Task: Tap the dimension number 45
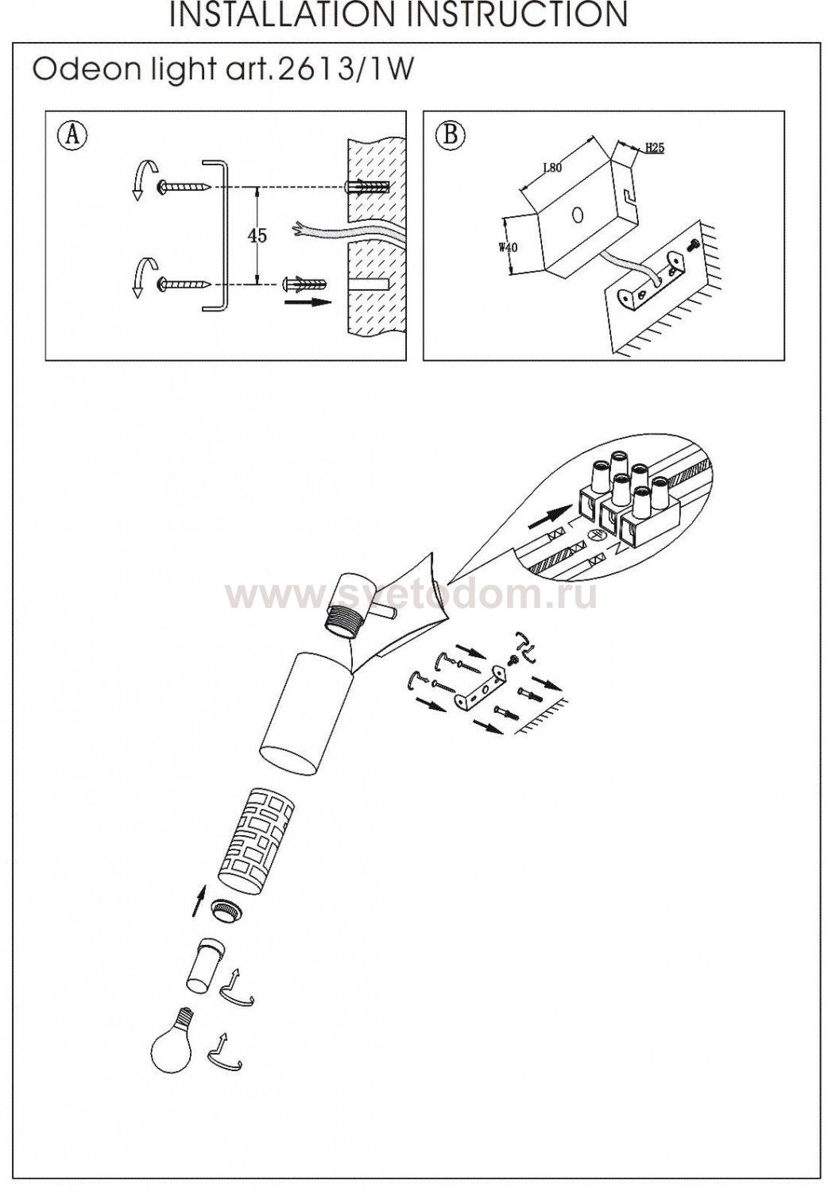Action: [x=257, y=236]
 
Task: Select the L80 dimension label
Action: [x=551, y=167]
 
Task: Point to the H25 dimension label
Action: [x=655, y=149]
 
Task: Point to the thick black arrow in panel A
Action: [x=308, y=302]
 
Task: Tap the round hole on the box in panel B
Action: [x=576, y=215]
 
